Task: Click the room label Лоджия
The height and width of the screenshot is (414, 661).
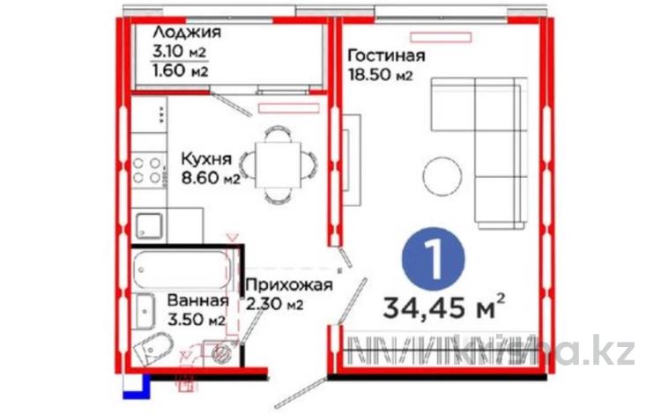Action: (x=187, y=33)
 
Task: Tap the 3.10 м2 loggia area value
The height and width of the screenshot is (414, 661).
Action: (x=180, y=52)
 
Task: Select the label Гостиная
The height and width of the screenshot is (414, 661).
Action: (x=386, y=55)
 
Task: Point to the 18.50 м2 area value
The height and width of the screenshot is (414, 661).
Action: (x=380, y=75)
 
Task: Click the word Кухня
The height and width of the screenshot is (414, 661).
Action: (x=206, y=159)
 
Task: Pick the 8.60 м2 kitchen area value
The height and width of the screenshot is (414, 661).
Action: (x=211, y=178)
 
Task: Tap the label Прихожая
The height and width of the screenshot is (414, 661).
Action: (x=289, y=285)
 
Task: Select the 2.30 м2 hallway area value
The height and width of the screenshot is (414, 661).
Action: (x=275, y=304)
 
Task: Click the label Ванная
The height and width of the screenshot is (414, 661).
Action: (x=198, y=300)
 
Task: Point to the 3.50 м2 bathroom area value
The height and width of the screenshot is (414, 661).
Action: (x=196, y=320)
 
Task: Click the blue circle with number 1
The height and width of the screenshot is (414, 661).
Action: (x=433, y=259)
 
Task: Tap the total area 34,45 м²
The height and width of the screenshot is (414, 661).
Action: (x=444, y=307)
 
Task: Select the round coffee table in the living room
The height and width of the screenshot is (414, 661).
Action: (x=442, y=176)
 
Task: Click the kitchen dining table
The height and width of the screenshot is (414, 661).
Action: (x=279, y=165)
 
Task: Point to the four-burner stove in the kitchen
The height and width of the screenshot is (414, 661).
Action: (x=147, y=170)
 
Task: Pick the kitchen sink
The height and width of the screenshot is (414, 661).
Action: (x=149, y=226)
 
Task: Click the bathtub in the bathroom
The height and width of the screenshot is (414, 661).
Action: (x=182, y=270)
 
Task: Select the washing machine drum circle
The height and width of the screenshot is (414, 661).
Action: (x=220, y=352)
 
